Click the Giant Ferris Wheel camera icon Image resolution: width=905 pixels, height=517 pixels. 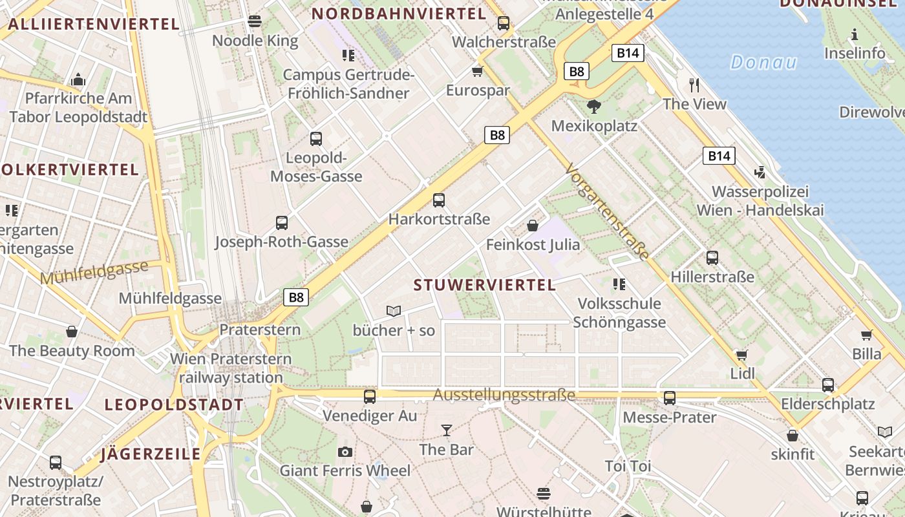(x=345, y=452)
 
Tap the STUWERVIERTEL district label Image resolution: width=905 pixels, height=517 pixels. (x=484, y=285)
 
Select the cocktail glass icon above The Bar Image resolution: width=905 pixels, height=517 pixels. (x=446, y=430)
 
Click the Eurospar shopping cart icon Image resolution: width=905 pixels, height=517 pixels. (x=478, y=71)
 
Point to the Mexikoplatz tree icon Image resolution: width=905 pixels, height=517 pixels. (x=593, y=107)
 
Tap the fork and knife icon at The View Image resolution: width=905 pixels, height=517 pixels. (x=694, y=85)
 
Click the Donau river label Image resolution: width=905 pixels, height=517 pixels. (x=763, y=63)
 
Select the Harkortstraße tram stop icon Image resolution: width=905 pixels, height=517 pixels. (x=439, y=200)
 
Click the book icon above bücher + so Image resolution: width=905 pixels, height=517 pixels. (x=394, y=311)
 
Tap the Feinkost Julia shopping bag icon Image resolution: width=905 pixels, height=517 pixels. (x=533, y=226)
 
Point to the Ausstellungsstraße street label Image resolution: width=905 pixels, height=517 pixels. (x=504, y=394)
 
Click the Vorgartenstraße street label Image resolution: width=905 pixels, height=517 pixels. (x=606, y=212)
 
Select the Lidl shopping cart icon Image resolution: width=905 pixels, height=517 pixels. (x=742, y=355)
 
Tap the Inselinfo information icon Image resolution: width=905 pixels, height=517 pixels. (x=855, y=34)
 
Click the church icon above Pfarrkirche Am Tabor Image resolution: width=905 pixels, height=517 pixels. (x=79, y=79)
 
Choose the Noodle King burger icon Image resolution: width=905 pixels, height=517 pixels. (x=255, y=21)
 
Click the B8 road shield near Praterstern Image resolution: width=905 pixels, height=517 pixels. (x=296, y=297)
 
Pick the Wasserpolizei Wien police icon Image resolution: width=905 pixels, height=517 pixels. (x=760, y=173)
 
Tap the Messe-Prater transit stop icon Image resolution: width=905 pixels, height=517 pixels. (x=670, y=398)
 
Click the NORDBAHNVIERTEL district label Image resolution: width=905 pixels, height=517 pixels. (x=399, y=14)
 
